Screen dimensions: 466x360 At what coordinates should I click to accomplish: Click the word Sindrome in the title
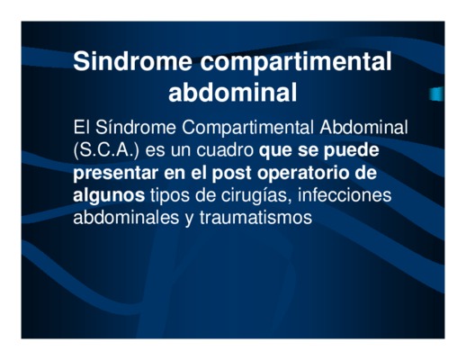coord(132,61)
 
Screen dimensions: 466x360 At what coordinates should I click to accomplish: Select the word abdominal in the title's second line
coord(233,93)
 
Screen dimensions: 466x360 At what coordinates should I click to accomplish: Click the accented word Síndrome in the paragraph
coord(136,127)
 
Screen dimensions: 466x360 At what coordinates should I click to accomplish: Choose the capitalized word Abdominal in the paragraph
coord(363,127)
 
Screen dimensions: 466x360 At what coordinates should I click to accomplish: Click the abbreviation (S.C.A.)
coord(106,150)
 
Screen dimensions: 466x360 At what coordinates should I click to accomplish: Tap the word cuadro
coord(225,149)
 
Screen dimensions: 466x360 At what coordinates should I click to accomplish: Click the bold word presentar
coord(116,174)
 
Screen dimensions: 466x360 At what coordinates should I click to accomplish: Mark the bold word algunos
coord(109,196)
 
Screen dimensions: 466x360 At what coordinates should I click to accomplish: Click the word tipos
coord(169,196)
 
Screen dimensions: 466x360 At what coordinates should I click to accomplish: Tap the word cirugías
coord(256,196)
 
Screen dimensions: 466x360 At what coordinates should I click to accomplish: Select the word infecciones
coord(345,194)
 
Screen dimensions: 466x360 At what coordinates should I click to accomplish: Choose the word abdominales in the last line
coord(126,217)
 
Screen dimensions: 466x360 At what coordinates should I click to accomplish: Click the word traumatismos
coord(255,217)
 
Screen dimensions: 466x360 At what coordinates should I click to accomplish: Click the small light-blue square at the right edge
coord(435,94)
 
